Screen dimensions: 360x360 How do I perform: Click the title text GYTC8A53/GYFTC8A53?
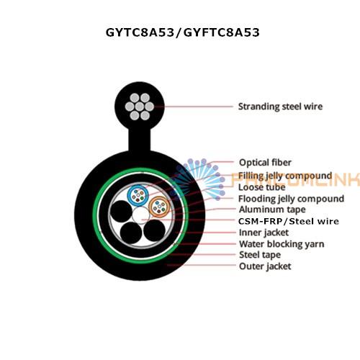point(183,32)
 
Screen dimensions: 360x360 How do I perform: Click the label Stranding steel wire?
point(280,107)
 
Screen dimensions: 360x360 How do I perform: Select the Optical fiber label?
point(265,163)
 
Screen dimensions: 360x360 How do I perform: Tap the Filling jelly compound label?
point(285,176)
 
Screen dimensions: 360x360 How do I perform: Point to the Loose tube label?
point(262,187)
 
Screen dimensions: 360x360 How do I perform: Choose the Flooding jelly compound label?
point(291,199)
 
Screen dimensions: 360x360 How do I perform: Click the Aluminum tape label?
point(272,210)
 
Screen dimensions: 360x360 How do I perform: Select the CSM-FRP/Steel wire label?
point(289,221)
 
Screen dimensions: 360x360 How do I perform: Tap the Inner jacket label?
point(264,233)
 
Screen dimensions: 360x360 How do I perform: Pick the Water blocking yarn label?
point(282,244)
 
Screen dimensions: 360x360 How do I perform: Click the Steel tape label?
point(260,255)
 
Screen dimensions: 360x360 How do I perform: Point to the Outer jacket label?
point(265,266)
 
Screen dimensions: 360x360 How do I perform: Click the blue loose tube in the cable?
point(138,196)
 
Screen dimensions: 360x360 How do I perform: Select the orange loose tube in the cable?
point(159,207)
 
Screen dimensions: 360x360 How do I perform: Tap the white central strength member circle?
point(141,216)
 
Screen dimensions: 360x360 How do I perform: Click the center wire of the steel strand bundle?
point(140,107)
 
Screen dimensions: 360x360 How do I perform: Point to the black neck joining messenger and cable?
point(140,140)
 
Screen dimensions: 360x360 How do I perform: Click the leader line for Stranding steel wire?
point(194,107)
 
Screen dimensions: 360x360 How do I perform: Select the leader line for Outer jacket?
point(201,265)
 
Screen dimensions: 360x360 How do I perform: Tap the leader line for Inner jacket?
point(206,233)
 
